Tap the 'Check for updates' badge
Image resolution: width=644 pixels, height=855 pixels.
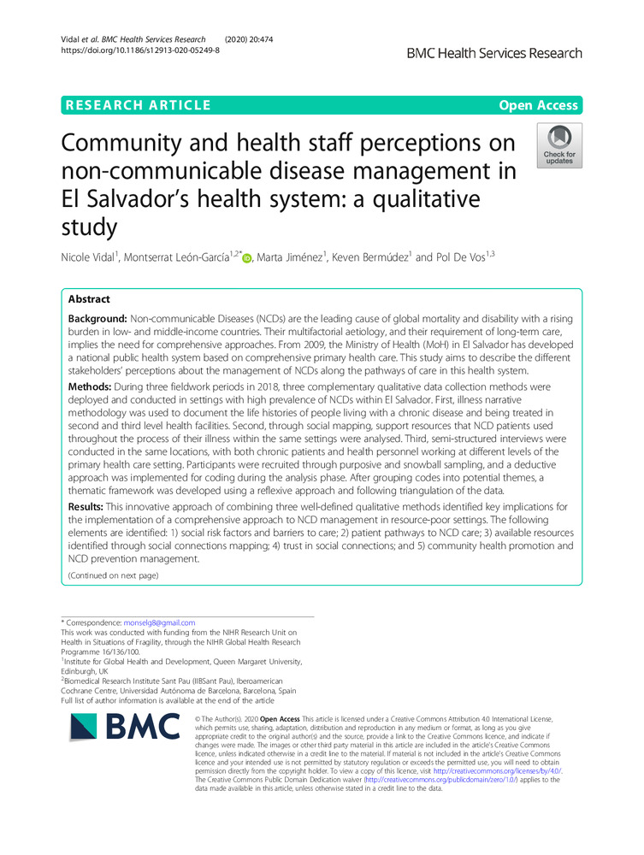558,145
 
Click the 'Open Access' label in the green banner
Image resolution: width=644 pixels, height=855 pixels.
539,105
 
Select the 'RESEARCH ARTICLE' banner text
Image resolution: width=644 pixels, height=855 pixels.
136,105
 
